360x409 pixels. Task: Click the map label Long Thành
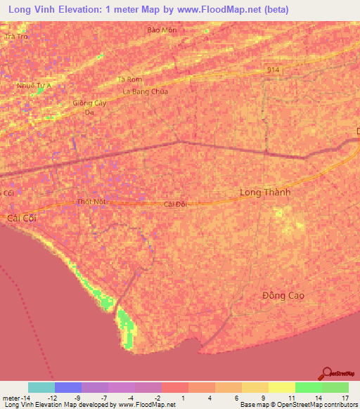click(265, 192)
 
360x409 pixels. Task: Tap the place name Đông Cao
click(284, 296)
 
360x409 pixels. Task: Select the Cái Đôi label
click(174, 204)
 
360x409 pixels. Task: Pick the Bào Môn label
click(160, 30)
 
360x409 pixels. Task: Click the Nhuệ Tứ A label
click(34, 86)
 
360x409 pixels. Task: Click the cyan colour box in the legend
click(41, 387)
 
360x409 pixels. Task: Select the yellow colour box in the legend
click(281, 387)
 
